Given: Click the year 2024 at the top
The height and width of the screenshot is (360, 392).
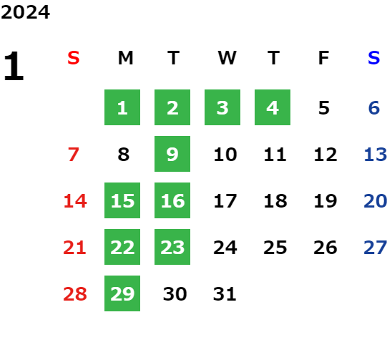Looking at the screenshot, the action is tap(25, 12).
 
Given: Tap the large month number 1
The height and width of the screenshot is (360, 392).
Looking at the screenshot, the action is tap(14, 66).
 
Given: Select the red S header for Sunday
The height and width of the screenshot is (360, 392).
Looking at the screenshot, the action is tap(74, 58).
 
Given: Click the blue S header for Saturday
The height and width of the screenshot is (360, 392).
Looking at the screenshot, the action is tap(374, 58).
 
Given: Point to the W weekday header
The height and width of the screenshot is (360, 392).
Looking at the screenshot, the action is tap(227, 58).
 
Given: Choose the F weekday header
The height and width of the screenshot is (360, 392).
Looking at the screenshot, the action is tap(323, 58).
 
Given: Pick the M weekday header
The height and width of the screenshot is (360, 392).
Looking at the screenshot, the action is tap(125, 58).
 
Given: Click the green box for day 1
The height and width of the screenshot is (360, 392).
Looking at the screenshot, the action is tap(122, 107).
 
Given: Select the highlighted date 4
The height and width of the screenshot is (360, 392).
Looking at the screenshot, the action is tap(273, 107).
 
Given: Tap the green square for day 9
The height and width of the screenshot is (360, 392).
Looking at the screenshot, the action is tap(172, 154).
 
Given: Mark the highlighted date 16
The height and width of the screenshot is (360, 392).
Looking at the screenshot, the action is tap(172, 200).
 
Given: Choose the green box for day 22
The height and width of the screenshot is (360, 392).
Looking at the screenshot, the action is tap(122, 247).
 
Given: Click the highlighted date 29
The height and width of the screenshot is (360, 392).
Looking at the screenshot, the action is tap(122, 293).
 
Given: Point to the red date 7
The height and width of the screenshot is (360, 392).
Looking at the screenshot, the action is tap(74, 155).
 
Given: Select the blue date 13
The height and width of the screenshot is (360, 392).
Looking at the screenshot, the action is tap(376, 155).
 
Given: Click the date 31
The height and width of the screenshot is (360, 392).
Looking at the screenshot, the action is tap(225, 294).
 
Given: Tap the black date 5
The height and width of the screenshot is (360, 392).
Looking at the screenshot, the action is tap(324, 108).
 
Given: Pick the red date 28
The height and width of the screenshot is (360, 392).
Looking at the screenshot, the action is tap(75, 294).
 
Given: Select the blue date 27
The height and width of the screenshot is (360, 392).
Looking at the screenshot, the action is tap(376, 248).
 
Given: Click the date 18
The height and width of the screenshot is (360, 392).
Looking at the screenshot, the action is tap(275, 201).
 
